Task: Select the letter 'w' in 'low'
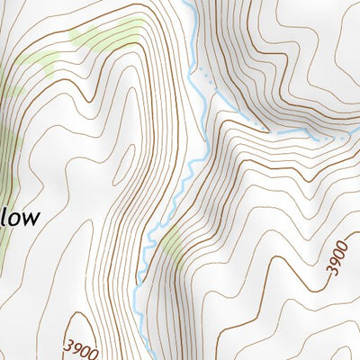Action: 30,219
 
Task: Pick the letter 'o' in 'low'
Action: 14,219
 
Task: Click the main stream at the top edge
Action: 186,3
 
